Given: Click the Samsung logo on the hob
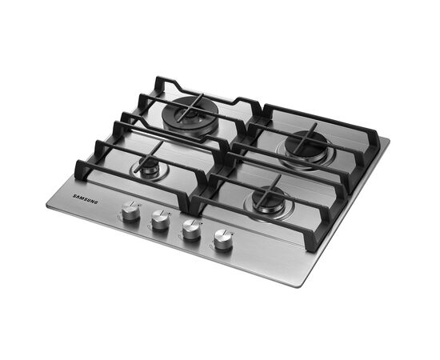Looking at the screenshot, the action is (86, 198).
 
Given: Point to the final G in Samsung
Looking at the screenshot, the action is (96, 202).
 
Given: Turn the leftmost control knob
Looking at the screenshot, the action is (130, 210).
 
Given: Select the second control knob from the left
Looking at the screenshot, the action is (160, 220).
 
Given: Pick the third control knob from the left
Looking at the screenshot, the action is (191, 230).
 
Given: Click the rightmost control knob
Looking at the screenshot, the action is (223, 239).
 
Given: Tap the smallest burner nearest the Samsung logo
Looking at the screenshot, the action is (150, 169).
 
